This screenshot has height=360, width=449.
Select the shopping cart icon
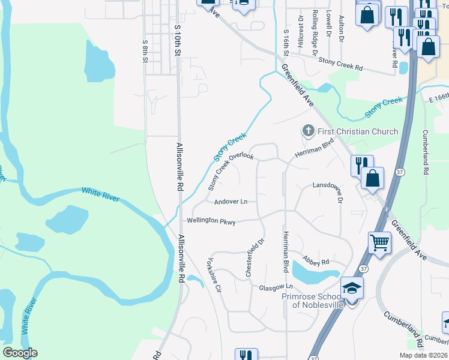click(379, 243)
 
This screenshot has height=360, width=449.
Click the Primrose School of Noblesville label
click(318, 301)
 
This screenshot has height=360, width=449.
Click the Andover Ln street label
click(231, 202)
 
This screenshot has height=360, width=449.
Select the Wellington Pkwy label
click(211, 221)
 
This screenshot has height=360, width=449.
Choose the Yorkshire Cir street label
click(213, 275)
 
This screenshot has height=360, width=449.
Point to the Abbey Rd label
click(316, 261)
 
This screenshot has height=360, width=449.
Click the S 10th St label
click(177, 41)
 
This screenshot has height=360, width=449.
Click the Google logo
click(20, 353)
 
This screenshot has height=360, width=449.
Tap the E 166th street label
click(438, 97)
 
